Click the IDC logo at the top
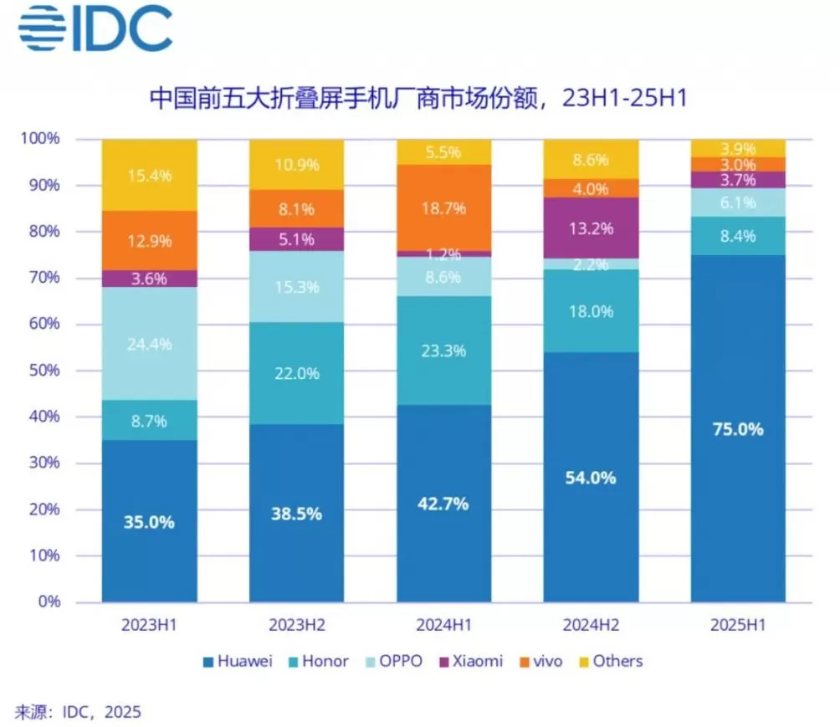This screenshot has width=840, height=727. pyautogui.click(x=95, y=29)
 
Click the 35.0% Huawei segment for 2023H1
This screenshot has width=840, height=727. pyautogui.click(x=150, y=520)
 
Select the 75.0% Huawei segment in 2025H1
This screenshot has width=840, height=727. pyautogui.click(x=738, y=428)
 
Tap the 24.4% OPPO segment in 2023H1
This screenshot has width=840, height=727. pyautogui.click(x=150, y=343)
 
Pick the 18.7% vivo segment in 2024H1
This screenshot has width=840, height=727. pyautogui.click(x=443, y=207)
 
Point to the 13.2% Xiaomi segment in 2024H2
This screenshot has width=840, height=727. pyautogui.click(x=591, y=228)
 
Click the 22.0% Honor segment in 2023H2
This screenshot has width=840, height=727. pyautogui.click(x=296, y=373)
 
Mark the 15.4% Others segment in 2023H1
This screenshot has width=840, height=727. pyautogui.click(x=150, y=175)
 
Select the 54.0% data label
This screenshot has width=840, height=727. pyautogui.click(x=591, y=478)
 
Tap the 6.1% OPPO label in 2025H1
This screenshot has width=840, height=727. pyautogui.click(x=738, y=202)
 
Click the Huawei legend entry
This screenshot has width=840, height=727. pyautogui.click(x=238, y=661)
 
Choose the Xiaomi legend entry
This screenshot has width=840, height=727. pyautogui.click(x=471, y=661)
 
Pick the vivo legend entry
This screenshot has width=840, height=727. pyautogui.click(x=541, y=661)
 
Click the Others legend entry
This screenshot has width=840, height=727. pyautogui.click(x=612, y=661)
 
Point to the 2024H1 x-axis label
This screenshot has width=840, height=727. pyautogui.click(x=443, y=625)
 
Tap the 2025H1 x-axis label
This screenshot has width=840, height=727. pyautogui.click(x=738, y=625)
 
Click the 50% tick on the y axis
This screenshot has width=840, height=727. pyautogui.click(x=44, y=371)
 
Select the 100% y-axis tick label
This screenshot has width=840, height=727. pyautogui.click(x=40, y=138)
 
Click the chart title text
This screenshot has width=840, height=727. pyautogui.click(x=418, y=98)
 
